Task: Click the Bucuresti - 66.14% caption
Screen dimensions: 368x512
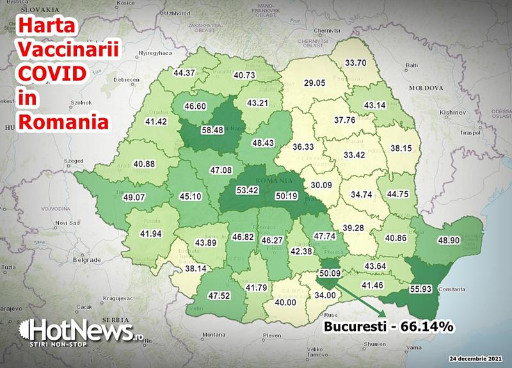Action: click(389, 326)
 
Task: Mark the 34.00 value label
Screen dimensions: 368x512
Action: click(324, 296)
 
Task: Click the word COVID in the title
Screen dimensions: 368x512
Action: click(51, 74)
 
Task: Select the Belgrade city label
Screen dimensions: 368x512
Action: click(85, 260)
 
